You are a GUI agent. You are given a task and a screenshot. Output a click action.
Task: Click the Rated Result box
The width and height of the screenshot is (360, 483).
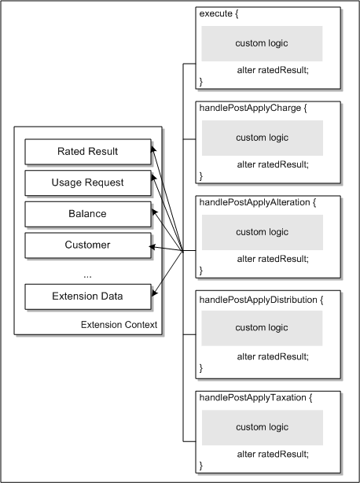click(87, 151)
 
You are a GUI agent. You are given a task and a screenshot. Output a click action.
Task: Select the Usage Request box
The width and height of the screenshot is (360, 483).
click(87, 183)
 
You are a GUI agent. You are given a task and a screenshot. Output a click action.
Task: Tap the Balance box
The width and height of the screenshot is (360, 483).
click(87, 213)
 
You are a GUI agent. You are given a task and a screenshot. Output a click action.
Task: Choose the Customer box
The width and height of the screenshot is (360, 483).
click(87, 245)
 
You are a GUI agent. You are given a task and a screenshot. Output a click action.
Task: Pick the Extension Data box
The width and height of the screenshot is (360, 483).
click(87, 297)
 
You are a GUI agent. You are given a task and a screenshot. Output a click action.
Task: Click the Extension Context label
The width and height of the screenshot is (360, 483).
click(118, 325)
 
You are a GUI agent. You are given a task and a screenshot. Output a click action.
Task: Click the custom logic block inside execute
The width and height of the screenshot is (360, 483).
click(262, 43)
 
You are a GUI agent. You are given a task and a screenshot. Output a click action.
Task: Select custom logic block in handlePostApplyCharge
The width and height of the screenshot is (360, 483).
click(262, 138)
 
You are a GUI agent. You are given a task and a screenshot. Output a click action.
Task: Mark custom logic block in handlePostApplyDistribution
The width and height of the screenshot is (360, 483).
click(262, 328)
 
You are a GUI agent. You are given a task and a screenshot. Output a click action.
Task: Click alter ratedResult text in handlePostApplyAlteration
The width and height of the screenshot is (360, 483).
click(273, 258)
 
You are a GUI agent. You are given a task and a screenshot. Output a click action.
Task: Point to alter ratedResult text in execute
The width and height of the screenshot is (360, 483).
click(273, 70)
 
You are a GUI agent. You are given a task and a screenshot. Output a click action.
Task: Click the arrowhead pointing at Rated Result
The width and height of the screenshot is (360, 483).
click(154, 148)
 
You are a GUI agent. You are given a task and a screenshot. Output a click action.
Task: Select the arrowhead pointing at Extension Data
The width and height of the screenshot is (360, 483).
click(154, 295)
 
